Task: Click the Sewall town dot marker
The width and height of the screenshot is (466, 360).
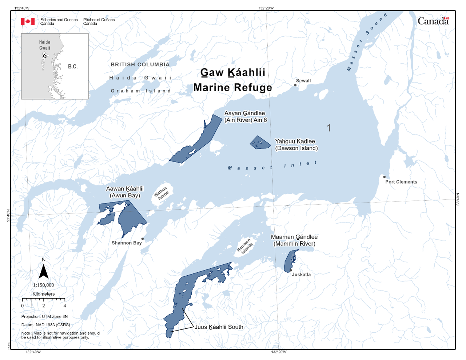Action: pos(295,85)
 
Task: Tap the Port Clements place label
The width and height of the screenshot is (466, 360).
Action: pos(401,182)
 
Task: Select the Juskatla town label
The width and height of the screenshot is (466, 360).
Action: pos(301,275)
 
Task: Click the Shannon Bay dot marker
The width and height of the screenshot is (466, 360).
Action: pos(143,239)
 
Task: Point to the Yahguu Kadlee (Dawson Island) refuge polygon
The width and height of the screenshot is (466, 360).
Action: pos(260,143)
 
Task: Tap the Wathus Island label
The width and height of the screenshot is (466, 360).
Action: pos(161,193)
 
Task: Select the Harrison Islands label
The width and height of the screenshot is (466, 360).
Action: pos(245,246)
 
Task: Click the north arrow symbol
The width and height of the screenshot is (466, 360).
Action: pos(44,271)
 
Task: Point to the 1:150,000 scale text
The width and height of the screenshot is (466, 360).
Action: pos(43,285)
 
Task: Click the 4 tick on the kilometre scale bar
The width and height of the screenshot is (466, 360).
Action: pos(65,305)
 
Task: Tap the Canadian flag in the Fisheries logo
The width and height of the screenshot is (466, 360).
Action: pos(28,22)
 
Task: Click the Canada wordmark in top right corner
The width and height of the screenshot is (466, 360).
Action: pos(433,21)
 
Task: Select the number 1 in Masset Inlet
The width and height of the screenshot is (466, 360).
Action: pos(329,128)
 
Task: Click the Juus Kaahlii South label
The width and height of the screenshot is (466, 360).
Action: pos(219,327)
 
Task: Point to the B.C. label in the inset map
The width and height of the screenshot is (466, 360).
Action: pos(73,67)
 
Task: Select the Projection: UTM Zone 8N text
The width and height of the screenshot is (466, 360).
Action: pos(44,316)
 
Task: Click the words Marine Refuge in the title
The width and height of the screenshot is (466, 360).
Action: pos(232,87)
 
